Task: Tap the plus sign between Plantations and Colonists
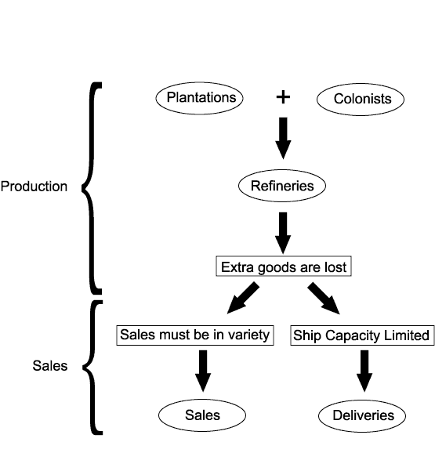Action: [283, 97]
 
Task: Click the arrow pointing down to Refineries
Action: [283, 138]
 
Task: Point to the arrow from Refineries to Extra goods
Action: [283, 233]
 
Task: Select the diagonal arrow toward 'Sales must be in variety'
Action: [243, 298]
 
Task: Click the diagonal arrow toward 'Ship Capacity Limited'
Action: [324, 298]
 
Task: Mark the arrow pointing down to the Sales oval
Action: [203, 371]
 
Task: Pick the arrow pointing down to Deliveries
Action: [364, 371]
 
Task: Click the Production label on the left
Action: [34, 187]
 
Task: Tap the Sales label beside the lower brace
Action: [50, 366]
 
